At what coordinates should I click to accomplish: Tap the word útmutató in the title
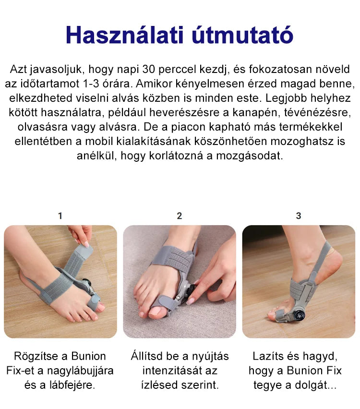242,35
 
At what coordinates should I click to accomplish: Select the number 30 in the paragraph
149,70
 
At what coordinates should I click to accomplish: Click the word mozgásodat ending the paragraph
250,156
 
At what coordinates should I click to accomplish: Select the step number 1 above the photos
60,216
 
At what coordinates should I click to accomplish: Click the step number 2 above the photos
180,216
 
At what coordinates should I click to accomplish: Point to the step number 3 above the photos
299,216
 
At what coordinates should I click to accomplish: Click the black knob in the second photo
193,290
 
